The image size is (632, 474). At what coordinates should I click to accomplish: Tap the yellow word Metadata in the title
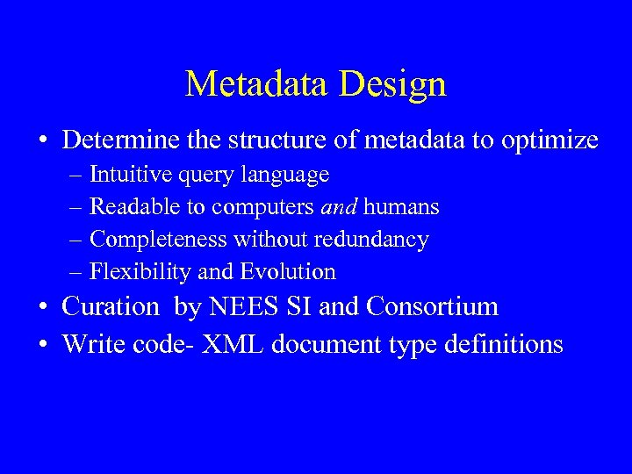click(260, 84)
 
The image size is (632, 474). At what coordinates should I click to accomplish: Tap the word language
click(289, 176)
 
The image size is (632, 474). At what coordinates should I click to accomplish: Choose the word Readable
click(128, 207)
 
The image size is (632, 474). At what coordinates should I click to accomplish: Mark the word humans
click(401, 207)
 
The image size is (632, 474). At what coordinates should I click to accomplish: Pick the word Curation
click(110, 307)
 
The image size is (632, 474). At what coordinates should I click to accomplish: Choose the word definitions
click(500, 344)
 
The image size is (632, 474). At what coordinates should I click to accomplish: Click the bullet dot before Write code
click(42, 344)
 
